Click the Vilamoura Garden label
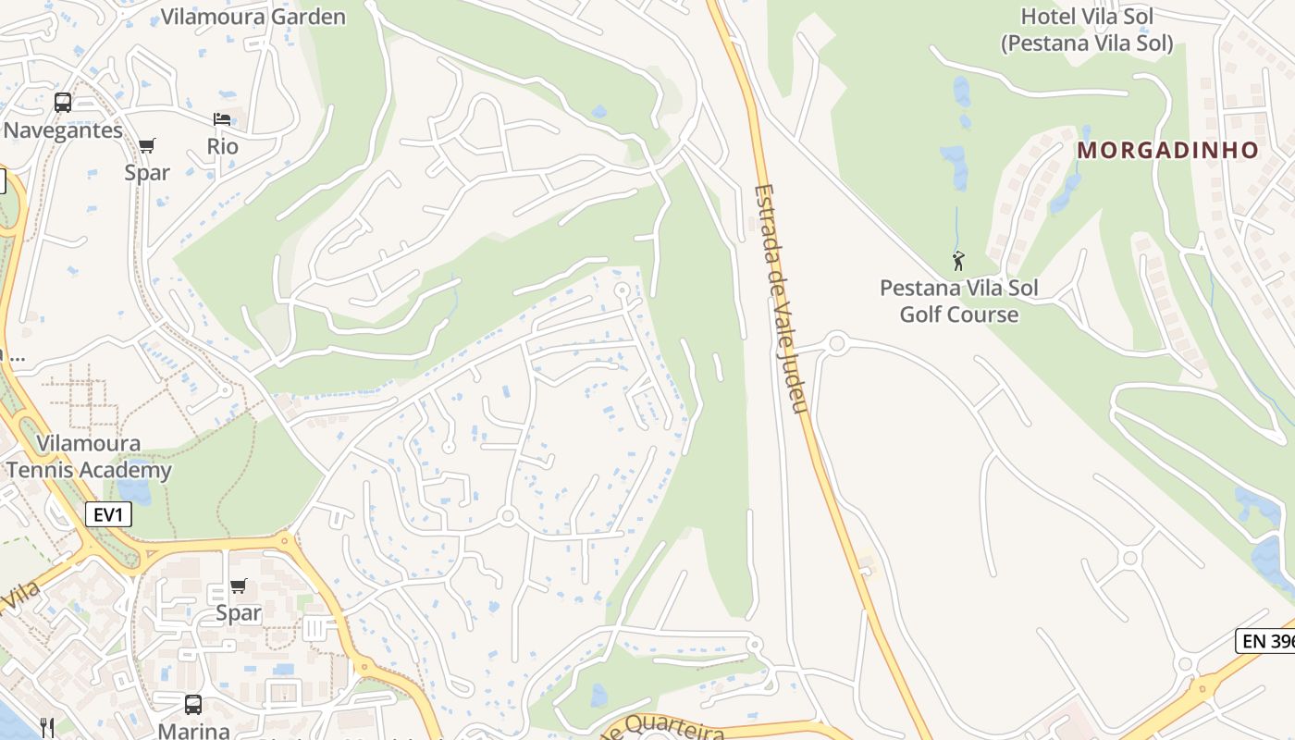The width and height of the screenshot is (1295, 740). coord(253,17)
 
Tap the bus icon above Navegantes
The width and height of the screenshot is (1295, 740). coord(63,103)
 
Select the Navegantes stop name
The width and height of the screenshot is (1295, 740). coord(63,130)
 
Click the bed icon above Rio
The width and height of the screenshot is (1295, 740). coord(222,119)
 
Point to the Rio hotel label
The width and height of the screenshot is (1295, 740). coord(222,146)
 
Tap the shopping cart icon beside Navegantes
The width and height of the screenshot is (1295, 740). coord(147,145)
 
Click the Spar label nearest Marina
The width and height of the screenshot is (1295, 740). coord(239,612)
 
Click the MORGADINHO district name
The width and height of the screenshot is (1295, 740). coord(1168,150)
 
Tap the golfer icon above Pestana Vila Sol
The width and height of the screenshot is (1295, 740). coord(958,261)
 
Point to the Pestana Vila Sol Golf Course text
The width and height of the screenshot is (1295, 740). coord(959,301)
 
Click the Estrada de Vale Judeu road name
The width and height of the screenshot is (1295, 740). coord(782,301)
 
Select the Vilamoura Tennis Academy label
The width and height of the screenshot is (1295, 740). coord(90,457)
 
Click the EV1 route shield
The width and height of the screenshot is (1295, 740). coord(108,515)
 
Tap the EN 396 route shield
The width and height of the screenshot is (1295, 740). coord(1264,640)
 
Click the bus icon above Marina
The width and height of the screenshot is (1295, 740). coord(193,705)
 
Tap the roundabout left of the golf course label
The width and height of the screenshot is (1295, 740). coord(837,344)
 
